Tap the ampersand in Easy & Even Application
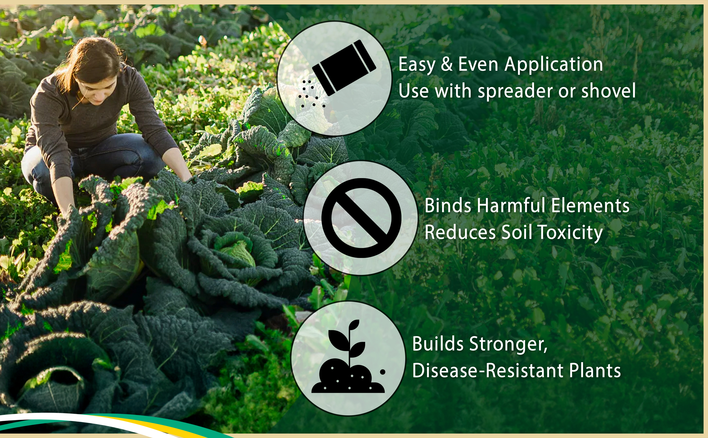[x=447, y=64]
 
